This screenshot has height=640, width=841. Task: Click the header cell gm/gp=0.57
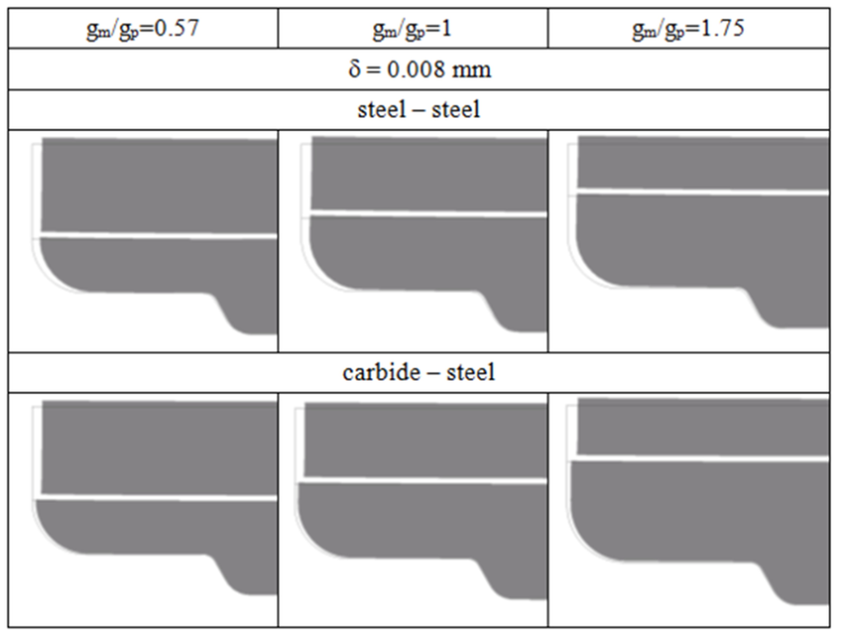point(143,29)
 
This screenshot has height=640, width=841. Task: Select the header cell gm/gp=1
point(412,29)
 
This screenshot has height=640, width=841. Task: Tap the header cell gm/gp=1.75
point(688,29)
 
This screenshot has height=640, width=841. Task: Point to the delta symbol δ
point(354,70)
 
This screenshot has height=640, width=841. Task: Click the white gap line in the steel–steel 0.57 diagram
point(160,235)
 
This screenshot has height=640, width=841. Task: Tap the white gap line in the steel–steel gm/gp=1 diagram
point(428,213)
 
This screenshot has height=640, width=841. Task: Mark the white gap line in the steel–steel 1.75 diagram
point(702,191)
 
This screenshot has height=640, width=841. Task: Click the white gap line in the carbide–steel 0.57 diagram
point(160,497)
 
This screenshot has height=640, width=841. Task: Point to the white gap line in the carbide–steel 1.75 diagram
point(702,458)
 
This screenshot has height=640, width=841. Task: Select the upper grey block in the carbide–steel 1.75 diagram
point(702,427)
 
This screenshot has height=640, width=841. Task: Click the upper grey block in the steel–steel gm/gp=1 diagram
point(428,173)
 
